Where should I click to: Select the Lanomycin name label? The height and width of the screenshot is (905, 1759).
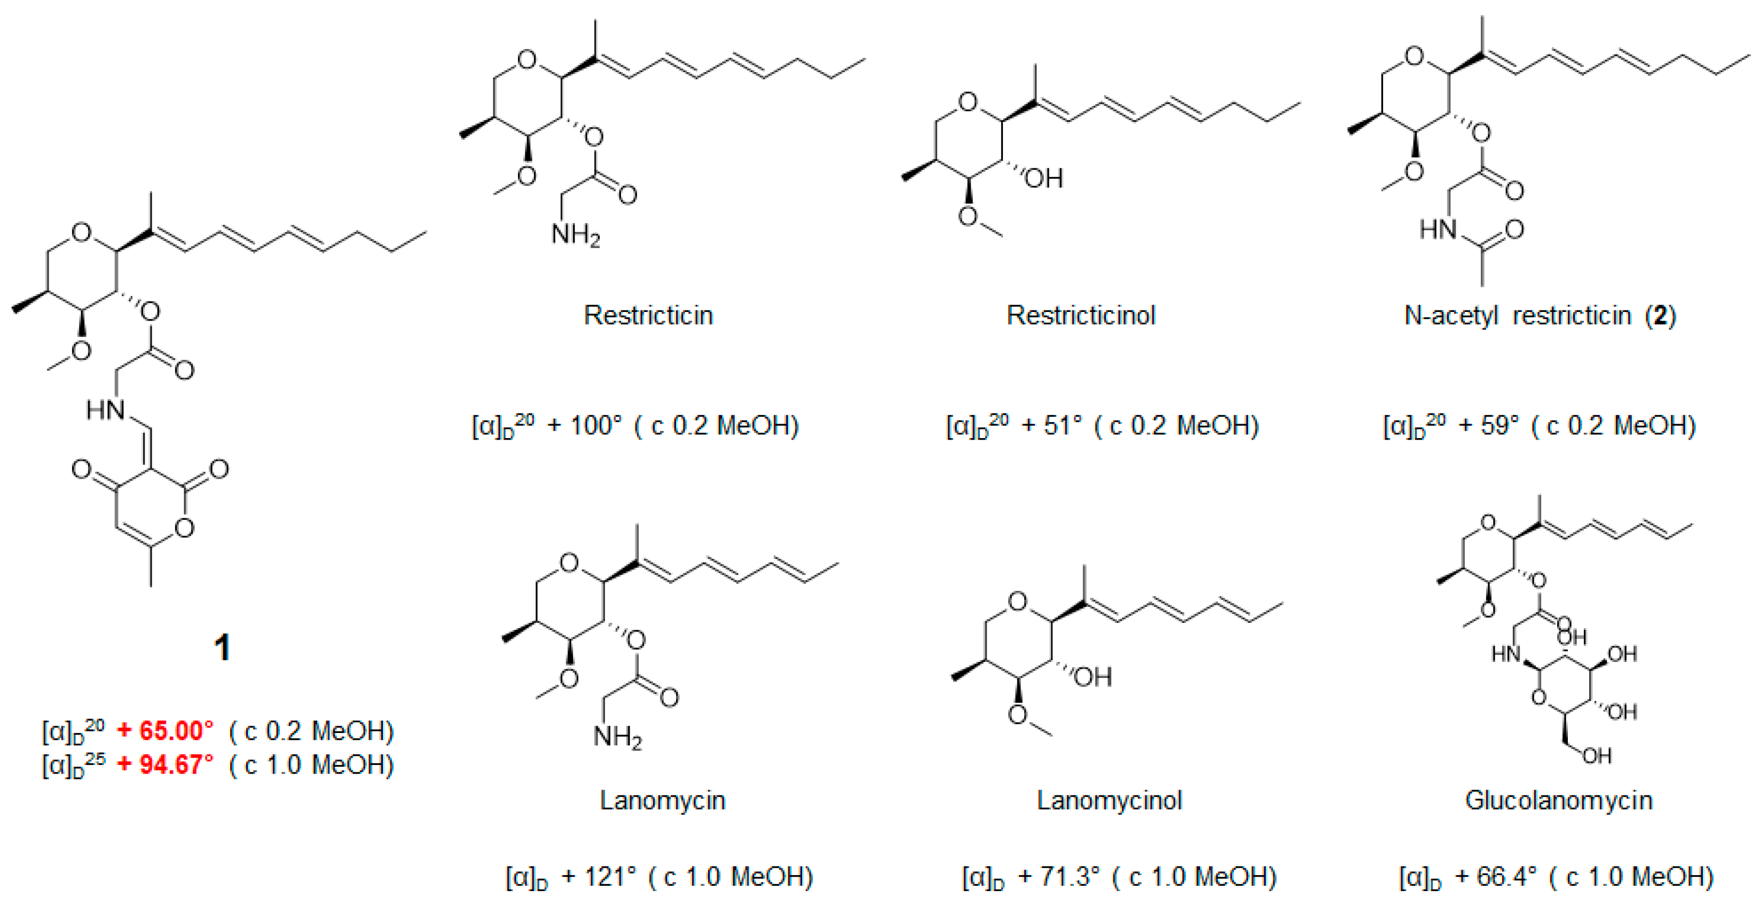(x=662, y=800)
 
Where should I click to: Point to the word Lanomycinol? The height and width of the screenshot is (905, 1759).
(x=1109, y=800)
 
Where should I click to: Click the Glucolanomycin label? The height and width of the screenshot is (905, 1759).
(x=1558, y=800)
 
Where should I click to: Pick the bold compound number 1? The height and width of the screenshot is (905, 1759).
(x=222, y=647)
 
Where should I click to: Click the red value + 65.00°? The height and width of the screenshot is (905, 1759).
(x=165, y=731)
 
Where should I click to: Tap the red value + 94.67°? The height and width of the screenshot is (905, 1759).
(x=165, y=764)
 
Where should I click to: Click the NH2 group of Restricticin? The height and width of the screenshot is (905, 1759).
(x=575, y=235)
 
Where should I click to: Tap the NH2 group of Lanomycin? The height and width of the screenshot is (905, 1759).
(x=617, y=737)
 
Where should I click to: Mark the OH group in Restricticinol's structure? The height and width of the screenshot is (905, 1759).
(x=1044, y=179)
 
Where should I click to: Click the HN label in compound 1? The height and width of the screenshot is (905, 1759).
(x=106, y=410)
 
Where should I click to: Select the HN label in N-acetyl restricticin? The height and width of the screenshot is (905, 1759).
(x=1438, y=230)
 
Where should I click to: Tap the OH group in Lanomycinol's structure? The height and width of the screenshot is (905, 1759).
(x=1093, y=677)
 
